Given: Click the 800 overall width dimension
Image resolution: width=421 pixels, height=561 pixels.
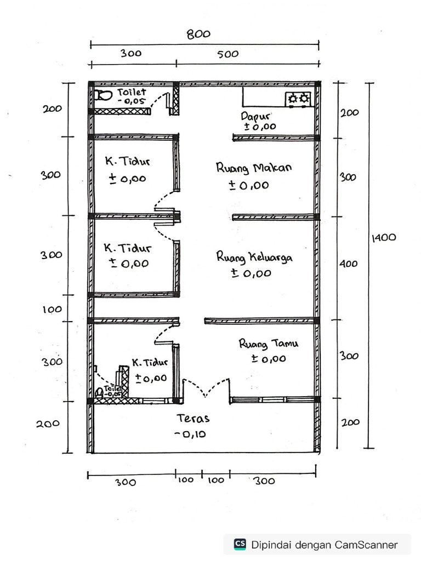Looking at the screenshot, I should [198, 34].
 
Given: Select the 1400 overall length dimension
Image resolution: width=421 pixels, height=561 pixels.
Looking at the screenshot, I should [384, 238].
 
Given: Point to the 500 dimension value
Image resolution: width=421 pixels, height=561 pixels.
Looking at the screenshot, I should [227, 54].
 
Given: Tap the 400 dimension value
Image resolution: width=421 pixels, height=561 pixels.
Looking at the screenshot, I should [348, 264].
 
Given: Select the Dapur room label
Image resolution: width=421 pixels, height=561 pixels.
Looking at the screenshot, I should [254, 116].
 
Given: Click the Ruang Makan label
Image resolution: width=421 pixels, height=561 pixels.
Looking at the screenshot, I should [254, 168].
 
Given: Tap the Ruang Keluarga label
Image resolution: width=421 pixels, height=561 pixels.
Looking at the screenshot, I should [254, 257].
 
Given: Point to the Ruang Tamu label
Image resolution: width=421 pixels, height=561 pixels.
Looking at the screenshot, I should [268, 344].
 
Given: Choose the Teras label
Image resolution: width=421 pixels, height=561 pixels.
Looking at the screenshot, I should [193, 419].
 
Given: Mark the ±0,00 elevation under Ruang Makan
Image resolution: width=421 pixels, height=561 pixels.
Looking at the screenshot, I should [249, 185].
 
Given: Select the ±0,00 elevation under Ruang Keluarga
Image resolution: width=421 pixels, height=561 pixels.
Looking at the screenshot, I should [251, 273].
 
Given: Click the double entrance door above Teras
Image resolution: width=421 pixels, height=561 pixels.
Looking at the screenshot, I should [206, 387].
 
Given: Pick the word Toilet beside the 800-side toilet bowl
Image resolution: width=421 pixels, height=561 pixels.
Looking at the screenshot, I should [132, 92].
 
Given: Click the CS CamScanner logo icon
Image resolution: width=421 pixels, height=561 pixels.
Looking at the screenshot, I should [240, 544].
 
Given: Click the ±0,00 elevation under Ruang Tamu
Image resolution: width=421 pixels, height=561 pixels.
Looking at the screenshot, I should [269, 359].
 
